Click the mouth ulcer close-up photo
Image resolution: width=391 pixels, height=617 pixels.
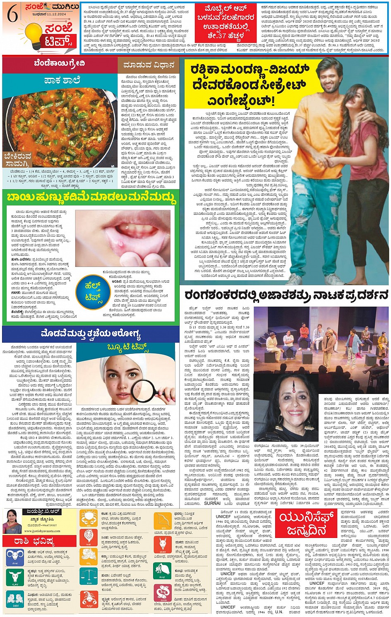pos(122,238)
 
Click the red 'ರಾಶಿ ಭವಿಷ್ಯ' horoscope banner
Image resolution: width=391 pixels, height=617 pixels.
pos(40,540)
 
